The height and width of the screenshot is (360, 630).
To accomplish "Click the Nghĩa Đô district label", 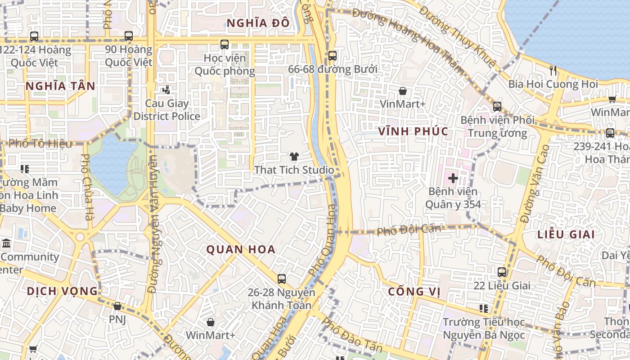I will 258,23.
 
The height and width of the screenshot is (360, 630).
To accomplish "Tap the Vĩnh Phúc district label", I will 413,131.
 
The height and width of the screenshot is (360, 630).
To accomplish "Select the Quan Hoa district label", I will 241,250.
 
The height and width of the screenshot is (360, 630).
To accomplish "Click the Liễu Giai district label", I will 566,234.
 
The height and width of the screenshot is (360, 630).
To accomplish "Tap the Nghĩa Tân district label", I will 60,86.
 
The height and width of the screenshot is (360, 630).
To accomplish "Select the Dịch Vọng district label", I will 62,291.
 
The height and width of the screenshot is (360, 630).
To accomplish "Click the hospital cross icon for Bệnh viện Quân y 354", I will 453,178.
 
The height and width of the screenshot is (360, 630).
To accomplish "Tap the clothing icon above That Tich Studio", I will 294,157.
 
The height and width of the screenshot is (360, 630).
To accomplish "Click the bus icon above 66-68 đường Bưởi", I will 332,56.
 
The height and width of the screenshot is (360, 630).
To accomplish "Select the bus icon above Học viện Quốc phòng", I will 225,45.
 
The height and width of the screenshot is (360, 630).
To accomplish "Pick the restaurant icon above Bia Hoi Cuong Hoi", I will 553,70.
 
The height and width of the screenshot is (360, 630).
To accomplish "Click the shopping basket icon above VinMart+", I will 402,91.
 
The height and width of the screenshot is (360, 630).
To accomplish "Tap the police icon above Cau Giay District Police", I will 166,90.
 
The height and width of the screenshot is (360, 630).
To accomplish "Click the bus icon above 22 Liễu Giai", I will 502,272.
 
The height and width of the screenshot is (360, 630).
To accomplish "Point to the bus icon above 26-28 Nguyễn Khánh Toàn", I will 282,279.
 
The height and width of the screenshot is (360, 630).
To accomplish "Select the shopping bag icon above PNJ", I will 117,306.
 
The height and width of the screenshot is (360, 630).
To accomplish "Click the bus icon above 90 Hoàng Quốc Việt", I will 129,36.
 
